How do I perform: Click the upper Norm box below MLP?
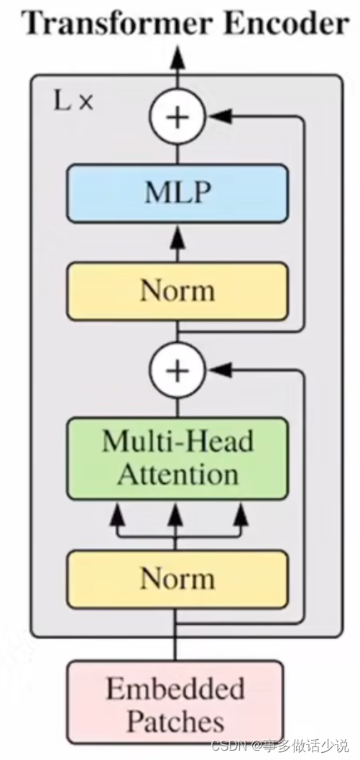click(x=177, y=291)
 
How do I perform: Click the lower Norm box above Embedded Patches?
click(x=177, y=579)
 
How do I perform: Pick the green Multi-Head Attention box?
click(x=177, y=458)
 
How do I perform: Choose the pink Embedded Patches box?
click(x=175, y=704)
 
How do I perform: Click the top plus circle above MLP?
click(x=177, y=116)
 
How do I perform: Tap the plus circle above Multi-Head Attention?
click(x=177, y=370)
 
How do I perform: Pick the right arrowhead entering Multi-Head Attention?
click(x=241, y=513)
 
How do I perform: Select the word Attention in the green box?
click(x=177, y=475)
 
